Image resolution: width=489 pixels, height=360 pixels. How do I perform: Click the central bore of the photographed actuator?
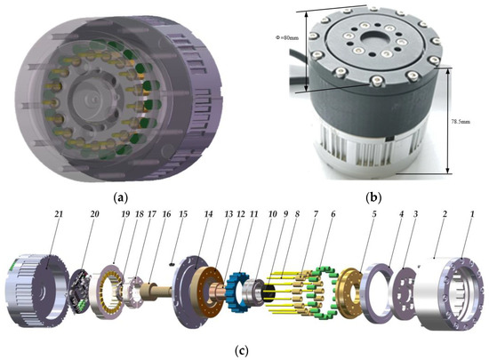click(x=373, y=40)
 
